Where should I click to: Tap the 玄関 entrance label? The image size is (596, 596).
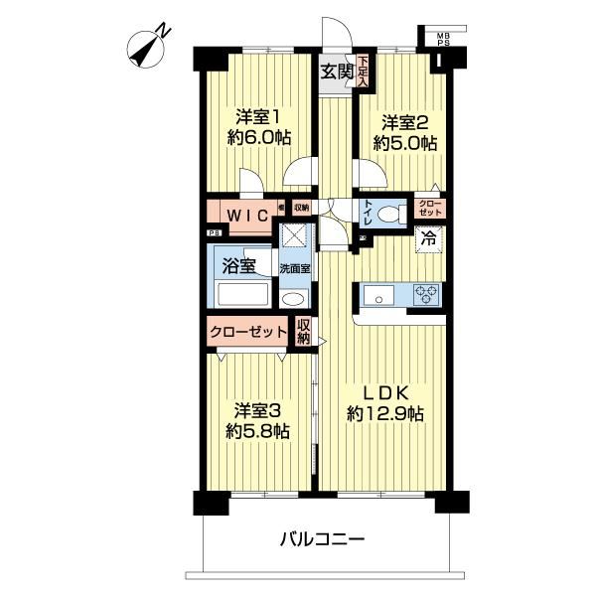[338, 72]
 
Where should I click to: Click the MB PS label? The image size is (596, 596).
[443, 40]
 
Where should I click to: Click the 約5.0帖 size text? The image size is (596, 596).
[404, 144]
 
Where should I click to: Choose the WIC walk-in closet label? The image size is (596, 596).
[248, 216]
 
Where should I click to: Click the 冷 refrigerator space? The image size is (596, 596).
[430, 239]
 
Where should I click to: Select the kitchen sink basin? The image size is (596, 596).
[377, 296]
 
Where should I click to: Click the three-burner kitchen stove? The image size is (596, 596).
[426, 294]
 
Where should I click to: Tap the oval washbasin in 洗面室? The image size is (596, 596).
[294, 298]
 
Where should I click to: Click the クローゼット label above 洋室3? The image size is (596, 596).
[247, 332]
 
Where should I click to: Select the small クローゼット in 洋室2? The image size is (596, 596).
[430, 209]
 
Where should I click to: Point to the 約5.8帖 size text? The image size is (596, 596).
[257, 431]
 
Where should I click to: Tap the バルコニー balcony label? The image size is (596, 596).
[322, 538]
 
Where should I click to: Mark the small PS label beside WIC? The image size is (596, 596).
[215, 233]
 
